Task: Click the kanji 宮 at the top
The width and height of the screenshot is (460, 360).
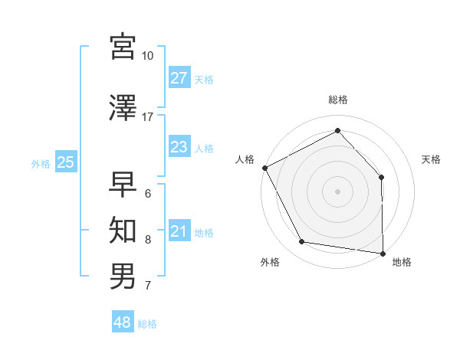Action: tap(123, 47)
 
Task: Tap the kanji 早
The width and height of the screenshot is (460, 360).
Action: tap(123, 184)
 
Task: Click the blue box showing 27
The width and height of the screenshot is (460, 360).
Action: tap(179, 78)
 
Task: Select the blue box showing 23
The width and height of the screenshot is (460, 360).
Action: tap(179, 147)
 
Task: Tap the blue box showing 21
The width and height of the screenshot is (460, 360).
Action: tap(179, 231)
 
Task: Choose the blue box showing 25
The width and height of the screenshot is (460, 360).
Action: tap(66, 162)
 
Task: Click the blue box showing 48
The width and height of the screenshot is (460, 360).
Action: tap(123, 322)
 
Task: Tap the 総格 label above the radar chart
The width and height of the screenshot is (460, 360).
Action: tap(338, 100)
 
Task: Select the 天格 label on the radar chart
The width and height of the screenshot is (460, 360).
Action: tap(432, 159)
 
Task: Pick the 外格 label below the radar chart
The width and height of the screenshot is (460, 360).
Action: tap(270, 262)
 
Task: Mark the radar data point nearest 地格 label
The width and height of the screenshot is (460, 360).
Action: tap(383, 253)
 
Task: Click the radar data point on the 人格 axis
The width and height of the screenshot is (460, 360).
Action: tap(264, 168)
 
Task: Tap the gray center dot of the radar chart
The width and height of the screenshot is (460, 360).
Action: tap(338, 191)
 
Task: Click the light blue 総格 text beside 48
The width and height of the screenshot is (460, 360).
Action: tap(147, 324)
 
